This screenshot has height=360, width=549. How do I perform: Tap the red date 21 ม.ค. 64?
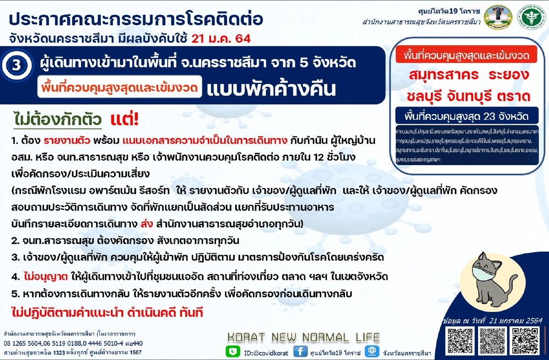click(221, 38)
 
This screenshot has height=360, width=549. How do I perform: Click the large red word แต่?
click(124, 120)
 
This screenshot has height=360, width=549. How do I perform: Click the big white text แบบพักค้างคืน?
click(271, 89)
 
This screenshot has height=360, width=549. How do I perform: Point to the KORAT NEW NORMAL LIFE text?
click(303, 338)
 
